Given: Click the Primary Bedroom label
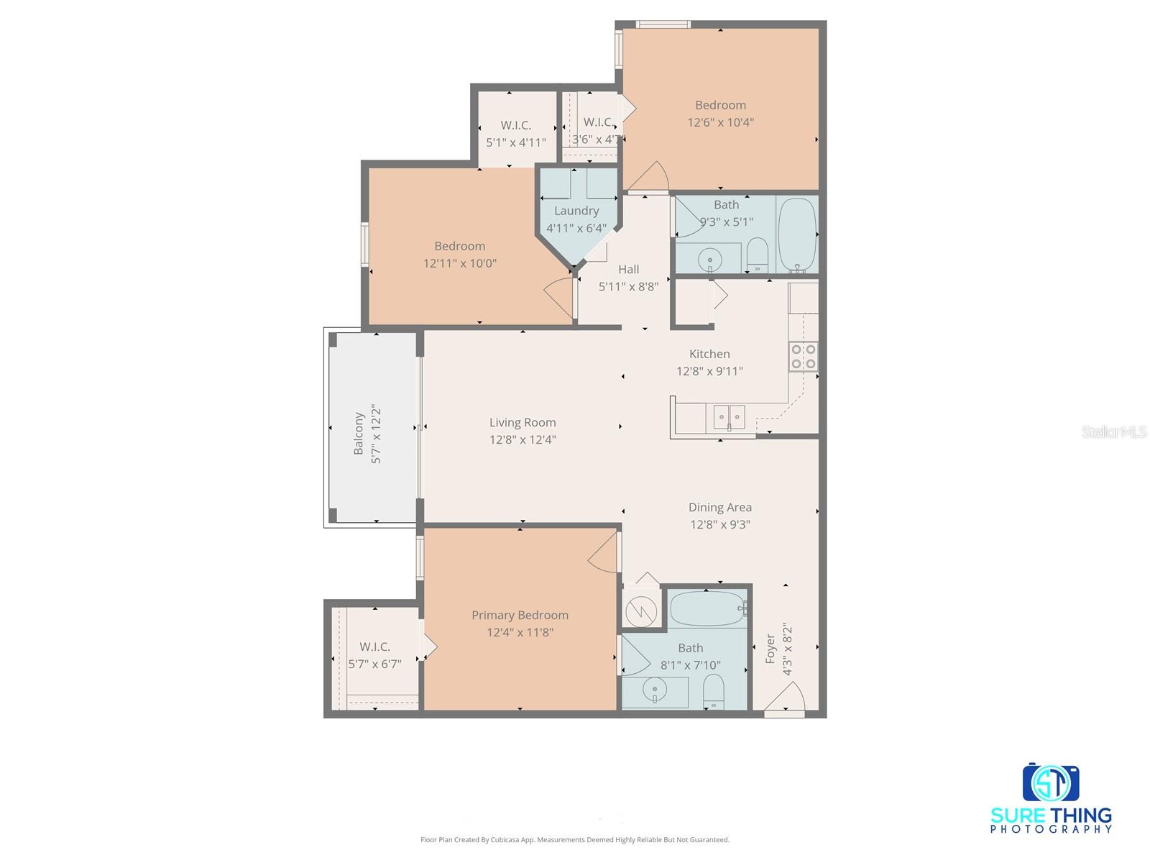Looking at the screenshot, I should click(x=520, y=615).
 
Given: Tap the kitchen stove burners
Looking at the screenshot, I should click(x=804, y=356).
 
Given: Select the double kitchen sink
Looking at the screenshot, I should click(x=729, y=416).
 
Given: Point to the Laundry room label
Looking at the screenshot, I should click(x=576, y=211).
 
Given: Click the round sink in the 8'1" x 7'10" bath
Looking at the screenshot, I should click(x=655, y=691).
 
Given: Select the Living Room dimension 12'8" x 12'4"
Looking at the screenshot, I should click(x=523, y=439).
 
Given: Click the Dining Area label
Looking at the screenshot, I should click(x=719, y=507).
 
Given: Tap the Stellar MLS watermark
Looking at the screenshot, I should click(x=1113, y=431).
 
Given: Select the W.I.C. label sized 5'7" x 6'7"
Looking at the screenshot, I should click(x=374, y=647).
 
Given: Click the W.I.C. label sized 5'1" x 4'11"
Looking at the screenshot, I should click(x=516, y=125).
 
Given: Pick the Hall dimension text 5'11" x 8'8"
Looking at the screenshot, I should click(x=628, y=286).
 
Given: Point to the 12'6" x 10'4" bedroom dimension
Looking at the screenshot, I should click(x=720, y=122).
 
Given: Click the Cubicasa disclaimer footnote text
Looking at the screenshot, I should click(x=574, y=839).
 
